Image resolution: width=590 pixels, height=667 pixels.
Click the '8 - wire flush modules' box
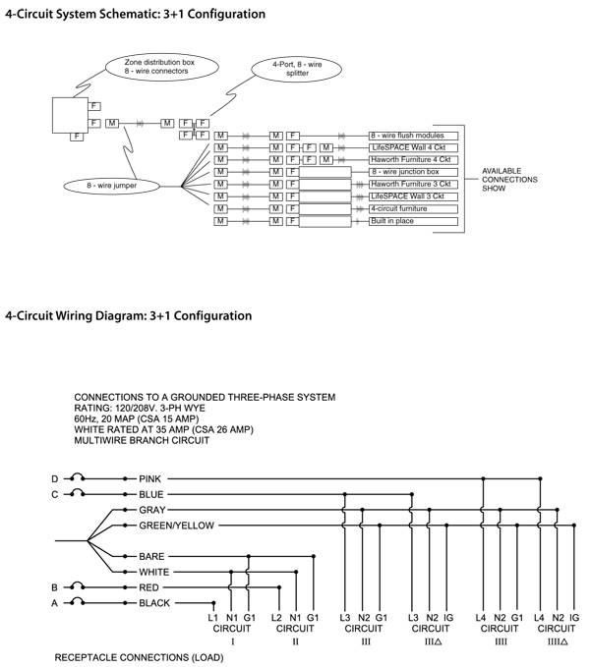[413, 136]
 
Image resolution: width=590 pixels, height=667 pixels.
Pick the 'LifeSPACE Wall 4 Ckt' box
[413, 148]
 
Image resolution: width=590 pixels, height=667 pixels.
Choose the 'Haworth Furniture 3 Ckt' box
[413, 185]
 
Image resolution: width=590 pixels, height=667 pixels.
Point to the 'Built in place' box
[413, 221]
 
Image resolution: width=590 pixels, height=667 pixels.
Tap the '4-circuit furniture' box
[413, 209]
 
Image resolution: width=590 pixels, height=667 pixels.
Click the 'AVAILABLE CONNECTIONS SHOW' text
[509, 180]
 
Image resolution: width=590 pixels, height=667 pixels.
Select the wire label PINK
[149, 479]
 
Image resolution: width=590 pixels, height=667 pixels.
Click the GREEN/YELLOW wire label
[176, 526]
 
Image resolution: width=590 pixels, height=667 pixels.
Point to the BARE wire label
[151, 556]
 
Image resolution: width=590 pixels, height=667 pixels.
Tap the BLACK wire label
[154, 603]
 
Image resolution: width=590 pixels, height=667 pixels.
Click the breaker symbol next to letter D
[78, 476]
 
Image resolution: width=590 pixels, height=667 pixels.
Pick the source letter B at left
[54, 587]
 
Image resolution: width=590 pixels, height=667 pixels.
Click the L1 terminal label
[213, 618]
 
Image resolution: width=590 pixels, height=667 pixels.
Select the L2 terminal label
[276, 618]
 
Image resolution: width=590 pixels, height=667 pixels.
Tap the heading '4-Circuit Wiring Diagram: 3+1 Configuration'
[128, 315]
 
